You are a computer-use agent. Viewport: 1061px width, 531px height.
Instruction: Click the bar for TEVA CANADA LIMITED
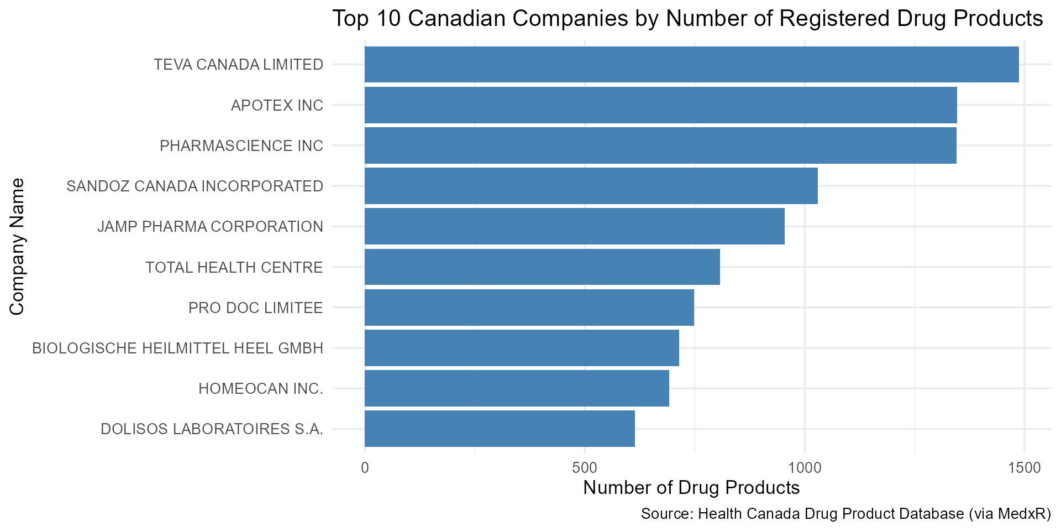[x=691, y=65]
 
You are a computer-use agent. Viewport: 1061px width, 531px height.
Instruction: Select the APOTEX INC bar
[x=660, y=105]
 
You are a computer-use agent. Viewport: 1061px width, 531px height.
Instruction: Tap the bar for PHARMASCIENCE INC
[x=660, y=145]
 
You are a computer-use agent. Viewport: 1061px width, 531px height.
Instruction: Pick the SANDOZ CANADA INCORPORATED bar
[x=591, y=186]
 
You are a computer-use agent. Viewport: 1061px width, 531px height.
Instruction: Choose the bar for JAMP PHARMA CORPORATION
[x=574, y=226]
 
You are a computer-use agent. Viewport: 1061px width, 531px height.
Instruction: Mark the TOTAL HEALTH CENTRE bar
[x=542, y=267]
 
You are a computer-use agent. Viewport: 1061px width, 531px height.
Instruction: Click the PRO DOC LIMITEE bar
[x=529, y=308]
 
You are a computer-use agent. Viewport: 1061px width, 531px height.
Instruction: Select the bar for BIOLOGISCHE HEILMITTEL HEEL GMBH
[x=522, y=348]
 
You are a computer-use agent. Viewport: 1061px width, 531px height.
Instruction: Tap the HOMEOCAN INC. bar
[x=517, y=388]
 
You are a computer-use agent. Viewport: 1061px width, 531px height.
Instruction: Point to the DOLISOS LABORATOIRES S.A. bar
[x=500, y=429]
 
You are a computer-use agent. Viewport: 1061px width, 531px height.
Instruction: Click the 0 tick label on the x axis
[x=365, y=468]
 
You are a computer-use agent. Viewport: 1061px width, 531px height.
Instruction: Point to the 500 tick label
[x=584, y=468]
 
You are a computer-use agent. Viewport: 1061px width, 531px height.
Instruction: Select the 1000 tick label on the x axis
[x=804, y=468]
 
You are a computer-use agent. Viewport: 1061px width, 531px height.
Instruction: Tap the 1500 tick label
[x=1024, y=468]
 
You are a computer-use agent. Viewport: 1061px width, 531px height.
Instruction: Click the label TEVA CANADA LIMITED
[x=238, y=65]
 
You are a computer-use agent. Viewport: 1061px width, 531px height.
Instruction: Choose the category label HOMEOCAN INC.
[x=260, y=389]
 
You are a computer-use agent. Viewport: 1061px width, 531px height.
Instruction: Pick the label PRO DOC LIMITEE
[x=255, y=308]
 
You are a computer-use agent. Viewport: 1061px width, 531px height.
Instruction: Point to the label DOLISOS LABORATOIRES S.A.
[x=212, y=429]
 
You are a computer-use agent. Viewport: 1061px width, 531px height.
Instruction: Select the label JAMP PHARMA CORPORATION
[x=210, y=227]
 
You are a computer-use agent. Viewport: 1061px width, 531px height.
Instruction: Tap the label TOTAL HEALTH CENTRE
[x=234, y=267]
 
